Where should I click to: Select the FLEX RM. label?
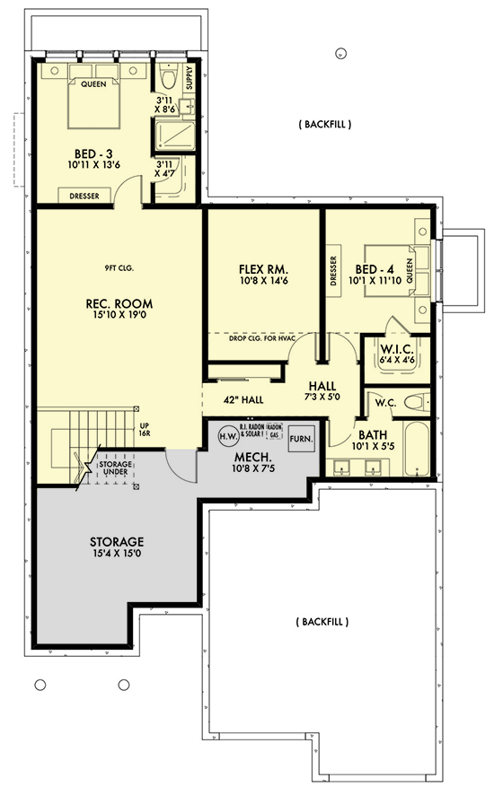point(263,269)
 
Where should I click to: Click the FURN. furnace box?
point(300,441)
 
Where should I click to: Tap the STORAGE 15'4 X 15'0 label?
point(117,543)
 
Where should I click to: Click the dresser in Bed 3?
point(85,196)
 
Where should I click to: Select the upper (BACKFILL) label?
point(324,124)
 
